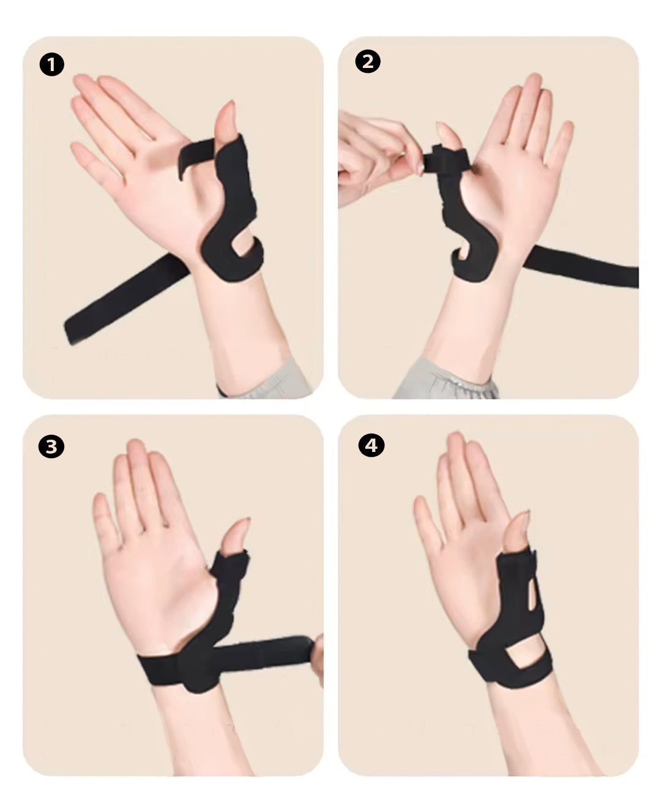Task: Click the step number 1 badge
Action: [52, 64]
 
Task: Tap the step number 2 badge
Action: [368, 61]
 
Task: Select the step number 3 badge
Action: [51, 446]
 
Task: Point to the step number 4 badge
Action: [371, 445]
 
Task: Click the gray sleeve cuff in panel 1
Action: [267, 380]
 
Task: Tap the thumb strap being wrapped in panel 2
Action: [447, 159]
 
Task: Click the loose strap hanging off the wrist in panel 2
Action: [581, 265]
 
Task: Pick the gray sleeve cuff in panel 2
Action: [445, 382]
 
